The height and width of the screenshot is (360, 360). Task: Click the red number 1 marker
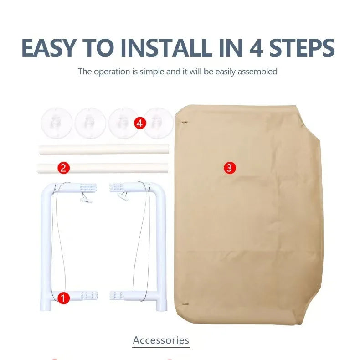click(63, 298)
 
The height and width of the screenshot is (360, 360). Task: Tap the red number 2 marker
click(63, 168)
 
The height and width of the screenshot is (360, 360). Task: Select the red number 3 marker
click(230, 168)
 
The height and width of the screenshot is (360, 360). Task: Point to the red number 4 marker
click(140, 123)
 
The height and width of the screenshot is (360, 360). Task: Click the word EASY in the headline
click(49, 48)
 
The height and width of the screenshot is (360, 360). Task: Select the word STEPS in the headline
click(302, 48)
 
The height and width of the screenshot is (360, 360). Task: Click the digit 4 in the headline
click(256, 48)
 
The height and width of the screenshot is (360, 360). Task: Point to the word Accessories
click(161, 340)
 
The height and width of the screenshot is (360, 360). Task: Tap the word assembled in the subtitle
click(257, 72)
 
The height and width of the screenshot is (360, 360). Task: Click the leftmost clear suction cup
click(57, 123)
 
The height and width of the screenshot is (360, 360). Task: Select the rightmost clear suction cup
click(158, 123)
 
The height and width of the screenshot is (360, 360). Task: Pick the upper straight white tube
click(104, 149)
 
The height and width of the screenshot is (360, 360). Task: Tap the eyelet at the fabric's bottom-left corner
click(185, 304)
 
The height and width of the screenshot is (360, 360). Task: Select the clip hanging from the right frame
click(123, 197)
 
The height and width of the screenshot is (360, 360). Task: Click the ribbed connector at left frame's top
click(88, 187)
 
